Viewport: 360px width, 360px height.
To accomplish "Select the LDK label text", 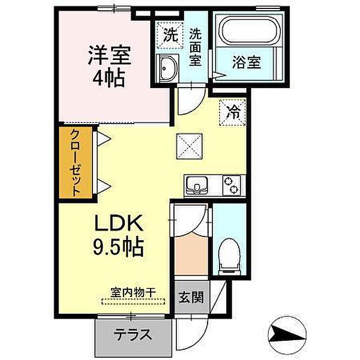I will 118,223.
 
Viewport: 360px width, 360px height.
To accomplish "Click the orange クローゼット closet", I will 76,163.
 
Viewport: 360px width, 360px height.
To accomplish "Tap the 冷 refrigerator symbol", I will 232,112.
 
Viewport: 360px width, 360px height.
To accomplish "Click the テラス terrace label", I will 134,335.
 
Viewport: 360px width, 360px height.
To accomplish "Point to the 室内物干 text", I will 133,292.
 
